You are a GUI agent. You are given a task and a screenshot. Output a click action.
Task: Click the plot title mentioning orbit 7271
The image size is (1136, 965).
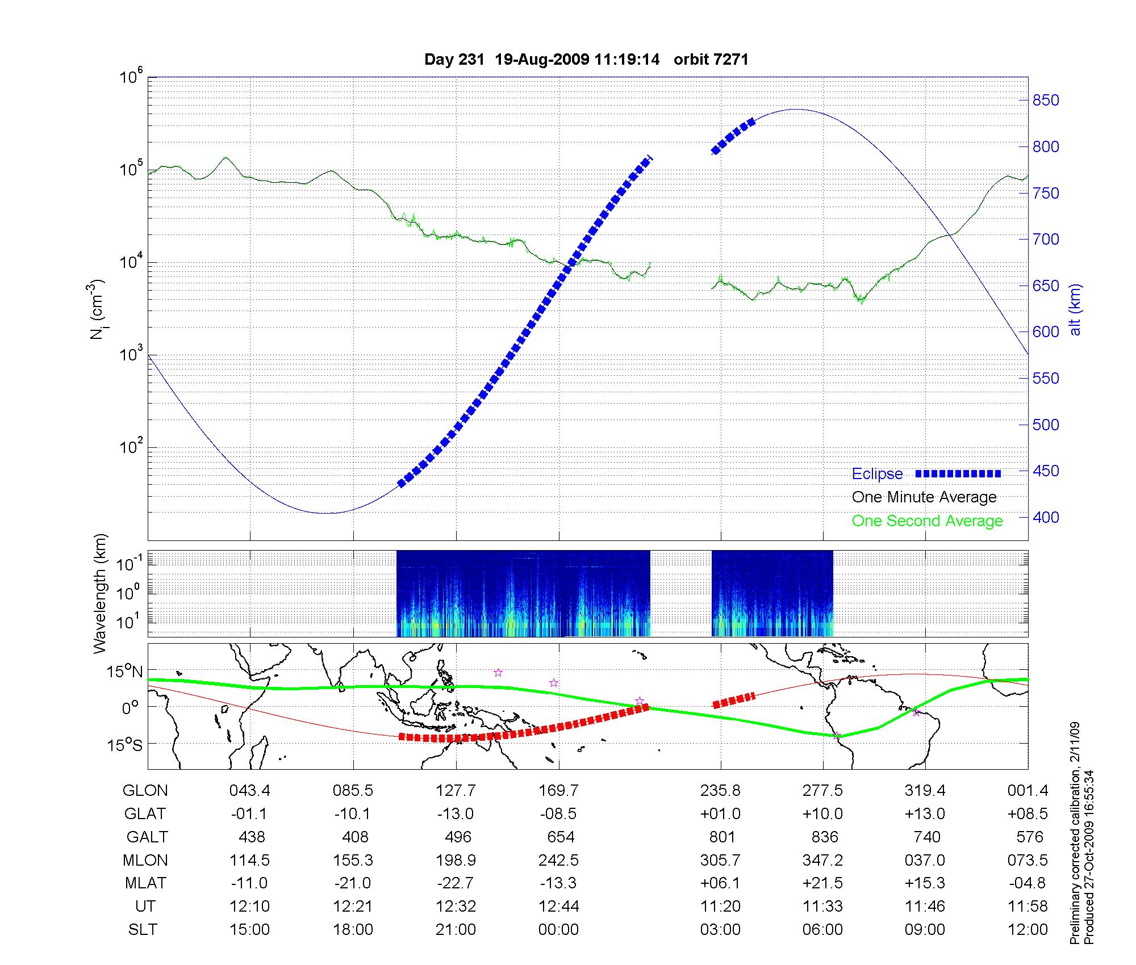[x=586, y=60]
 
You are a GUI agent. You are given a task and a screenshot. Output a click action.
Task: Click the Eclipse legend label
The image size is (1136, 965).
[x=877, y=474]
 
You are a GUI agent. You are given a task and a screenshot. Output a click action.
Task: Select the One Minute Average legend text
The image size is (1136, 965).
[x=924, y=497]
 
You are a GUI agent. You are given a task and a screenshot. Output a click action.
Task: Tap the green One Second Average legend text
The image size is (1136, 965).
[x=927, y=521]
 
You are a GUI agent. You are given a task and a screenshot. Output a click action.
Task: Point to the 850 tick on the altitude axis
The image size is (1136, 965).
[x=1046, y=100]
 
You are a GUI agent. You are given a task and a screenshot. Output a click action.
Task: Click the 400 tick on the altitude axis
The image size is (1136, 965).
[x=1046, y=517]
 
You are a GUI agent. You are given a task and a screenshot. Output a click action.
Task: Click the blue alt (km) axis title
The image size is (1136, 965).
[x=1075, y=309]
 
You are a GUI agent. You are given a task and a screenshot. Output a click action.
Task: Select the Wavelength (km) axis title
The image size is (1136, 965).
[x=100, y=594]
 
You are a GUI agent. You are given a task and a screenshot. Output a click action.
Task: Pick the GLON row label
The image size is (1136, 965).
[x=145, y=791]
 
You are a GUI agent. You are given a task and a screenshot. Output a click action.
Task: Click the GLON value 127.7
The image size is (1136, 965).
[x=456, y=791]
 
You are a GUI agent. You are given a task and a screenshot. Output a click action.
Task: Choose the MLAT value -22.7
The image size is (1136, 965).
[x=456, y=883]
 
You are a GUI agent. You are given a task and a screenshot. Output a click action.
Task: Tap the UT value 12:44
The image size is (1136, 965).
[x=559, y=907]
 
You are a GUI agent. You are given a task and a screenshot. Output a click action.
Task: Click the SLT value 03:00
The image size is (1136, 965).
[x=720, y=930]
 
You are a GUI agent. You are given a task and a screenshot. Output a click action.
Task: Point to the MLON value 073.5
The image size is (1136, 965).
[x=1028, y=861]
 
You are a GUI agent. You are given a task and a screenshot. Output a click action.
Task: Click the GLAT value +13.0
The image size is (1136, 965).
[x=925, y=814]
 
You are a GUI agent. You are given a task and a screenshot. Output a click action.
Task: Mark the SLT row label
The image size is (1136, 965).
[x=143, y=930]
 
